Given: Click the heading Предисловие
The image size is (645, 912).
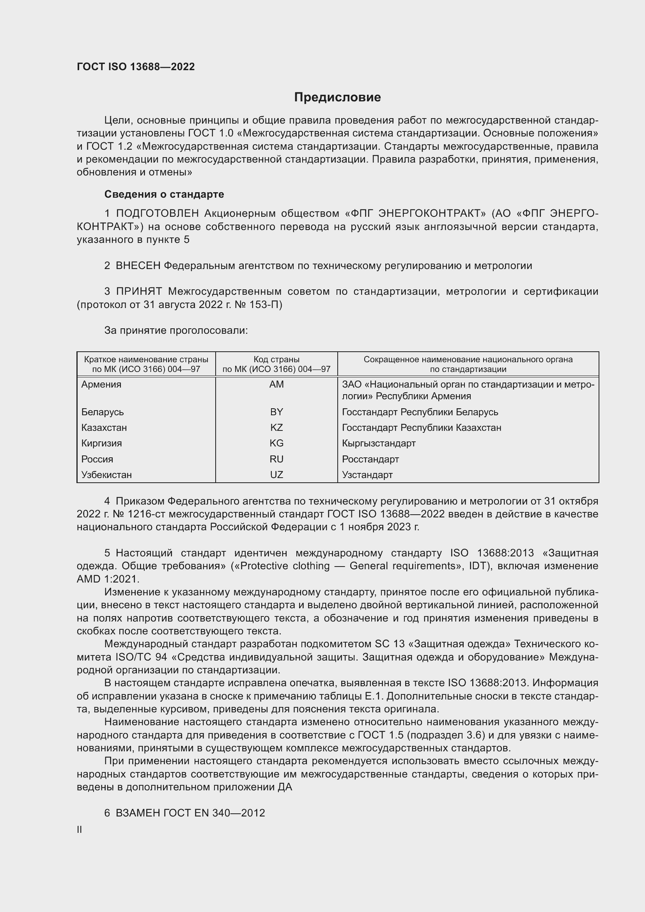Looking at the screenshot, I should (337, 97).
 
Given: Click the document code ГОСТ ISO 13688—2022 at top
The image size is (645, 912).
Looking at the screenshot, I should (136, 67).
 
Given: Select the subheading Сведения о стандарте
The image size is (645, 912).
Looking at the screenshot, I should (164, 194).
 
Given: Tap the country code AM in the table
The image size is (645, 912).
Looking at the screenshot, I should (276, 384).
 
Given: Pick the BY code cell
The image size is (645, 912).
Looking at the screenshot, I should (276, 412).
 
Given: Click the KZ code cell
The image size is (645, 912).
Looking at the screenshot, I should (276, 428).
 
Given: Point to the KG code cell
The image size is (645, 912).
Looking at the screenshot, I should (276, 443).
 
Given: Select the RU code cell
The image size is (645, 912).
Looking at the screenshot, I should (276, 459).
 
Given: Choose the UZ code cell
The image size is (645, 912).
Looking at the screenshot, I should (276, 475).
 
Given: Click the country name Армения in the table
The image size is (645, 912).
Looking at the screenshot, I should (101, 384).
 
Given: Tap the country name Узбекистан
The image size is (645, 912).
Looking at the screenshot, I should (106, 475).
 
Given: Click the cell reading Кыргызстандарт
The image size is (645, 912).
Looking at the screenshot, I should (379, 443).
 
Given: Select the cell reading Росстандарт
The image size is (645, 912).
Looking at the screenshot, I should (370, 459).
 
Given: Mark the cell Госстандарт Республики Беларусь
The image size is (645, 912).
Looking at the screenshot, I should (420, 412).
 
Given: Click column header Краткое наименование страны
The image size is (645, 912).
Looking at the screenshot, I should (146, 359).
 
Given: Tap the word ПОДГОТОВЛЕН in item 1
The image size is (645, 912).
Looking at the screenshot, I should (157, 214).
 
